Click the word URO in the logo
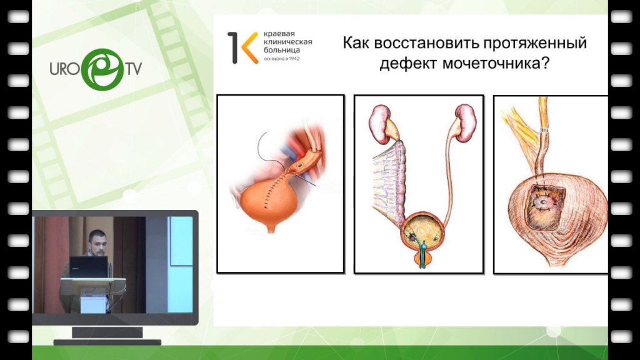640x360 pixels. (x=65, y=69)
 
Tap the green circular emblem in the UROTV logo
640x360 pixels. (x=102, y=69)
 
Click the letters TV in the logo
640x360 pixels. (x=134, y=69)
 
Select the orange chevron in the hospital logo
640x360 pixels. (x=249, y=47)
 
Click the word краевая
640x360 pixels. (x=279, y=34)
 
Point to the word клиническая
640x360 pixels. (x=287, y=42)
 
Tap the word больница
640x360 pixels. (x=282, y=50)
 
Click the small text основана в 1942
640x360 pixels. (x=282, y=59)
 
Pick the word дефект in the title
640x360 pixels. (x=409, y=64)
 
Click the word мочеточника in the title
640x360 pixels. (x=496, y=63)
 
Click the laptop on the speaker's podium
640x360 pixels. (x=88, y=267)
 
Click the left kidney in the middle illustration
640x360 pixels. (x=380, y=124)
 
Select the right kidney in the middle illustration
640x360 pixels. (x=466, y=123)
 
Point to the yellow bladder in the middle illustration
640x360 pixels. (x=423, y=231)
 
